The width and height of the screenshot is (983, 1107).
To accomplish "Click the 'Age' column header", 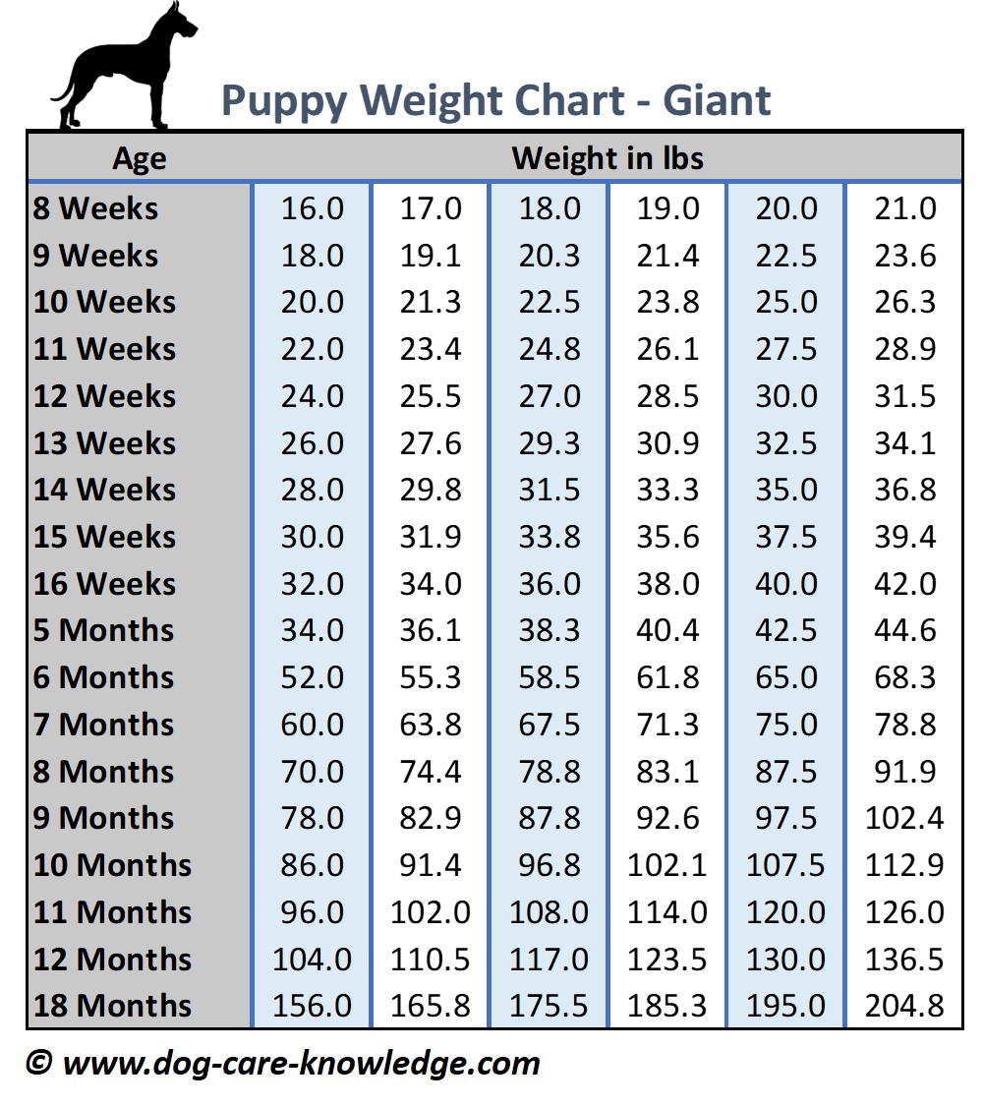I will [139, 158].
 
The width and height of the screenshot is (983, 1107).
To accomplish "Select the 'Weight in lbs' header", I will [607, 158].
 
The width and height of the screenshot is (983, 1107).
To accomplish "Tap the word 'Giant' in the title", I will [717, 100].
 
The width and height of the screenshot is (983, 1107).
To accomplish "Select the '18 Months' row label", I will [112, 1006].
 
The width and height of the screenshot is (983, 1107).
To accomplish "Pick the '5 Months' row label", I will [103, 630].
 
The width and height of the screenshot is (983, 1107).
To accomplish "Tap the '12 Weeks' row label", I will [104, 396].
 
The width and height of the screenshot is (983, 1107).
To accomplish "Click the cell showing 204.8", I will [904, 1006].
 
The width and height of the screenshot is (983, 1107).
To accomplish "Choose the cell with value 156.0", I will [312, 1006].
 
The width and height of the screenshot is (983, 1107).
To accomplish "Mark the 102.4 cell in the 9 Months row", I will [904, 818].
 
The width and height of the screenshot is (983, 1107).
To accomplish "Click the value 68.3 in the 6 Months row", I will [904, 677].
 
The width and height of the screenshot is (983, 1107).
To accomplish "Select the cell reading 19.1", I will [430, 256].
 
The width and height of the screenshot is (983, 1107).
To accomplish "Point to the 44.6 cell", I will [904, 630].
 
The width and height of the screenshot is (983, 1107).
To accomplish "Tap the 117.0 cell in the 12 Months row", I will [549, 960].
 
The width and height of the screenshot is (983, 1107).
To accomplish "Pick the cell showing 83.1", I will [667, 772].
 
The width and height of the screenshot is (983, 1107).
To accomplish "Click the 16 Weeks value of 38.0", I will [667, 584].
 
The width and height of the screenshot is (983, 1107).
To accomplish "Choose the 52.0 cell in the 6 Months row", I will [312, 677].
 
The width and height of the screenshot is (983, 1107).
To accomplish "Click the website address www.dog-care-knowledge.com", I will [301, 1063].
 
